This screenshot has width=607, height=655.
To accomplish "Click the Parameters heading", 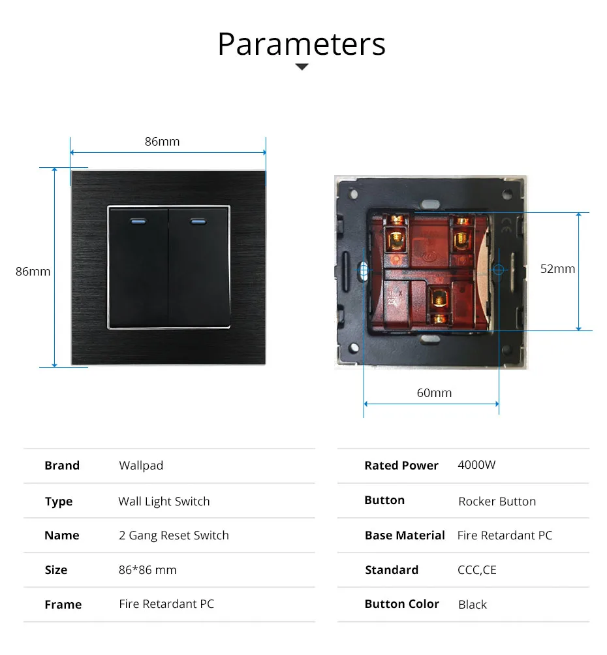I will pos(302,44).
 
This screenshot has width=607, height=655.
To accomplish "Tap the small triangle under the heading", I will pos(302,67).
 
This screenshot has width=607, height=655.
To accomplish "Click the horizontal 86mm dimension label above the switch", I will pos(162,141).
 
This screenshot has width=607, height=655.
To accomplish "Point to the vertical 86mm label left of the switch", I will pos(33,271).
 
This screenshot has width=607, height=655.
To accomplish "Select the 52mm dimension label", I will pos(557,268).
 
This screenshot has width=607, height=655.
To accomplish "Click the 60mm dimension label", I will pos(434,392).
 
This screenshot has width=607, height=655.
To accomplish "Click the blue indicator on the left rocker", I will pos(138,221).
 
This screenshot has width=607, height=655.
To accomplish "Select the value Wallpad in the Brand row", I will pos(141,466).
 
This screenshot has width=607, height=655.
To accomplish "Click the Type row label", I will pos(59,502).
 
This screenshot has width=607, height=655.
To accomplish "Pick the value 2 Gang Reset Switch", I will pos(174,535).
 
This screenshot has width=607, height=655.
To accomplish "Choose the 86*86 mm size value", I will pos(148,570).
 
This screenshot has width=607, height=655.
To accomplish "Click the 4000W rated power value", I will pos(476,465).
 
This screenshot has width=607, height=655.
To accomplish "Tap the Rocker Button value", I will pos(497,502).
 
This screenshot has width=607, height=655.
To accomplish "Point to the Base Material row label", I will pos(405,535).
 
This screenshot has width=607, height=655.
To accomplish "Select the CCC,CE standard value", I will pos(476,570).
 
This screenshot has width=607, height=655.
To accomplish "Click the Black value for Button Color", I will pos(473,605).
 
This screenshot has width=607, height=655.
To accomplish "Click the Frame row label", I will pos(63,605).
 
